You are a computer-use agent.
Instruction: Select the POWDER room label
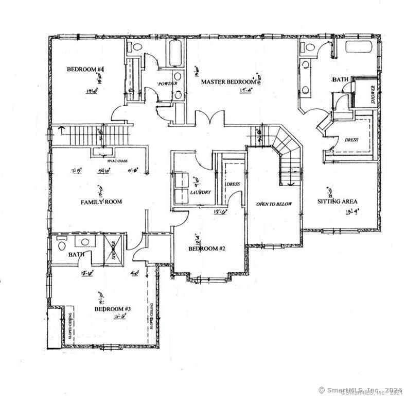pos(167,84)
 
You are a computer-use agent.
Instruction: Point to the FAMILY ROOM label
pos(101,202)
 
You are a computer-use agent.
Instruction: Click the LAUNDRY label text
pos(200,192)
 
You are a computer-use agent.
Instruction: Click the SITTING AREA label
pos(338,201)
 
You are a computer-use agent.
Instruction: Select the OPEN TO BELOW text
pos(274,204)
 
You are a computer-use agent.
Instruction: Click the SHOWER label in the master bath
pos(373,95)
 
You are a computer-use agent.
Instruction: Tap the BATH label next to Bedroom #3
pos(77,254)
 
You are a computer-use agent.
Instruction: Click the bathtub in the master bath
pos(359,47)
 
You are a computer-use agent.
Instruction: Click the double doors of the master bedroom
pos(209,118)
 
